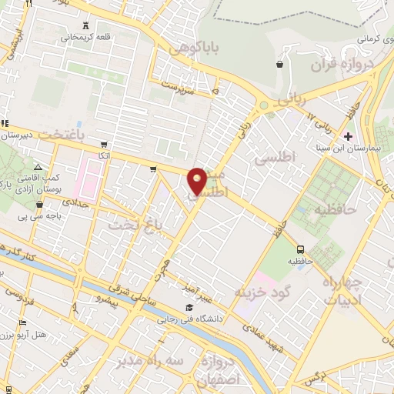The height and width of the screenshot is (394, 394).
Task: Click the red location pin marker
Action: (x=197, y=181)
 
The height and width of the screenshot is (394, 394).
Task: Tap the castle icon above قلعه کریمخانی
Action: (x=85, y=25)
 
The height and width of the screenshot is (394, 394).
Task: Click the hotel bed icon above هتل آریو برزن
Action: (x=22, y=322)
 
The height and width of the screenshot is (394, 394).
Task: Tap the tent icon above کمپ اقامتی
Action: (x=38, y=167)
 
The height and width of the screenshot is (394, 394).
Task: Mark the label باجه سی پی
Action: (x=62, y=215)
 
